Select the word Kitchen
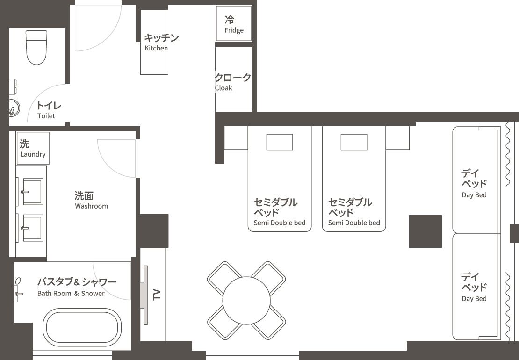click(x=156, y=48)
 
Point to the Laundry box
click(x=33, y=148)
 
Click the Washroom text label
click(x=91, y=206)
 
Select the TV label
click(x=157, y=294)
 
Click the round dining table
click(x=246, y=301)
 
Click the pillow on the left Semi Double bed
click(x=280, y=142)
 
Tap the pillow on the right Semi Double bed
click(x=354, y=142)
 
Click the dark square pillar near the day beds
click(x=425, y=231)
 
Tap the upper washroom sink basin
click(x=33, y=191)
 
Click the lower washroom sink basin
click(x=33, y=228)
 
